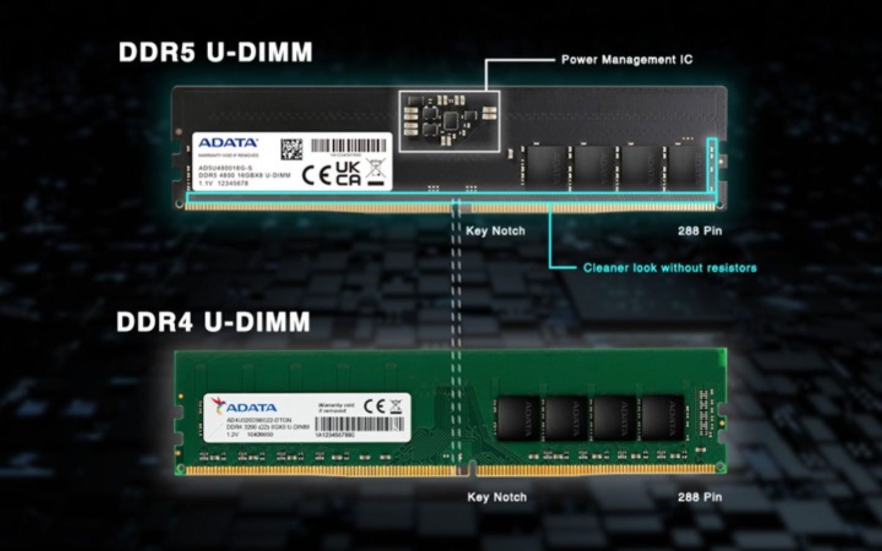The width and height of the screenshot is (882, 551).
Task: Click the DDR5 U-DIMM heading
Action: tap(215, 53)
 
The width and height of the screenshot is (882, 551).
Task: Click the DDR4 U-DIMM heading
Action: tap(213, 322)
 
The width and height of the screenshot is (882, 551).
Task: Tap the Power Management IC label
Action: tap(627, 59)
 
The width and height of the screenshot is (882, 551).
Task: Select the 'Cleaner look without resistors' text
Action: tap(669, 268)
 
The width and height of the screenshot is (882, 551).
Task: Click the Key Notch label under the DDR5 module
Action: tap(496, 231)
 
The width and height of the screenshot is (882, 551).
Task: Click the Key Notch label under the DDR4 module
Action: tap(497, 497)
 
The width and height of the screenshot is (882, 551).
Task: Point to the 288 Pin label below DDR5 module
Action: tap(699, 231)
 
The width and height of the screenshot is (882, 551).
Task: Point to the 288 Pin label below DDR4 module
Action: tap(699, 497)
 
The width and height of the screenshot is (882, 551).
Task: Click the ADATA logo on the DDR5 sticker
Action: tap(228, 143)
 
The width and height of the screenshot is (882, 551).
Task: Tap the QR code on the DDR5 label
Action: tap(292, 149)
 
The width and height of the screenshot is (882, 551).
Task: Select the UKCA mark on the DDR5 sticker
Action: tap(349, 174)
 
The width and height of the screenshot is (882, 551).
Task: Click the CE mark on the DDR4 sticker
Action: tap(374, 407)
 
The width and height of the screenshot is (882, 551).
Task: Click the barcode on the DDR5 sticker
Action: tap(349, 146)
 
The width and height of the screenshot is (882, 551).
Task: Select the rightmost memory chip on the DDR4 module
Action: tap(663, 418)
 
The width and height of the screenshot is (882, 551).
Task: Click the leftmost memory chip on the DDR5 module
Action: tap(544, 167)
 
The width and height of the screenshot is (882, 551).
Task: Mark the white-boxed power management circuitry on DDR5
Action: tap(449, 121)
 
